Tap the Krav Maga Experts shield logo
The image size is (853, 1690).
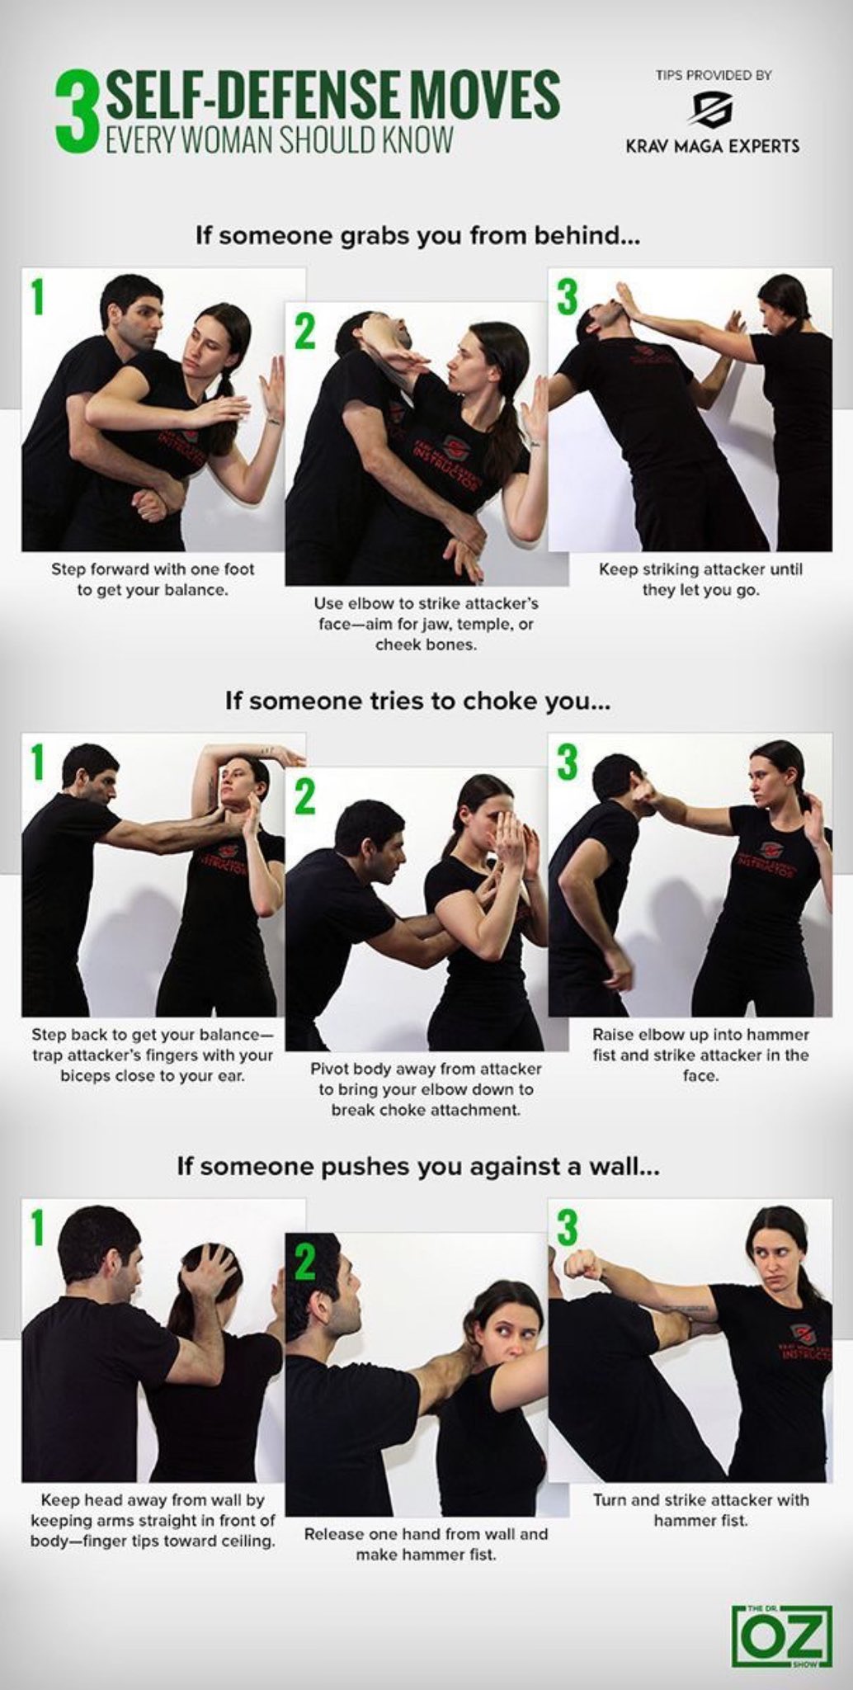tap(712, 109)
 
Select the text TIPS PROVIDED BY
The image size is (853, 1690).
tap(714, 75)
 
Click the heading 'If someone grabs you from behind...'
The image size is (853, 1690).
tap(418, 236)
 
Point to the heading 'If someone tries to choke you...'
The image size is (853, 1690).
tap(418, 701)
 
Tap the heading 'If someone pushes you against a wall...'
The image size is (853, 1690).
tap(418, 1168)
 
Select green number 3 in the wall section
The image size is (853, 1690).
tap(568, 1227)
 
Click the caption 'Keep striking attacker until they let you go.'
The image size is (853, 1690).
tap(700, 579)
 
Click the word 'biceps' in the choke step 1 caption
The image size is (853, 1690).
tap(83, 1076)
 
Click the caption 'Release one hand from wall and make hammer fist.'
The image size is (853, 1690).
tap(426, 1544)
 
